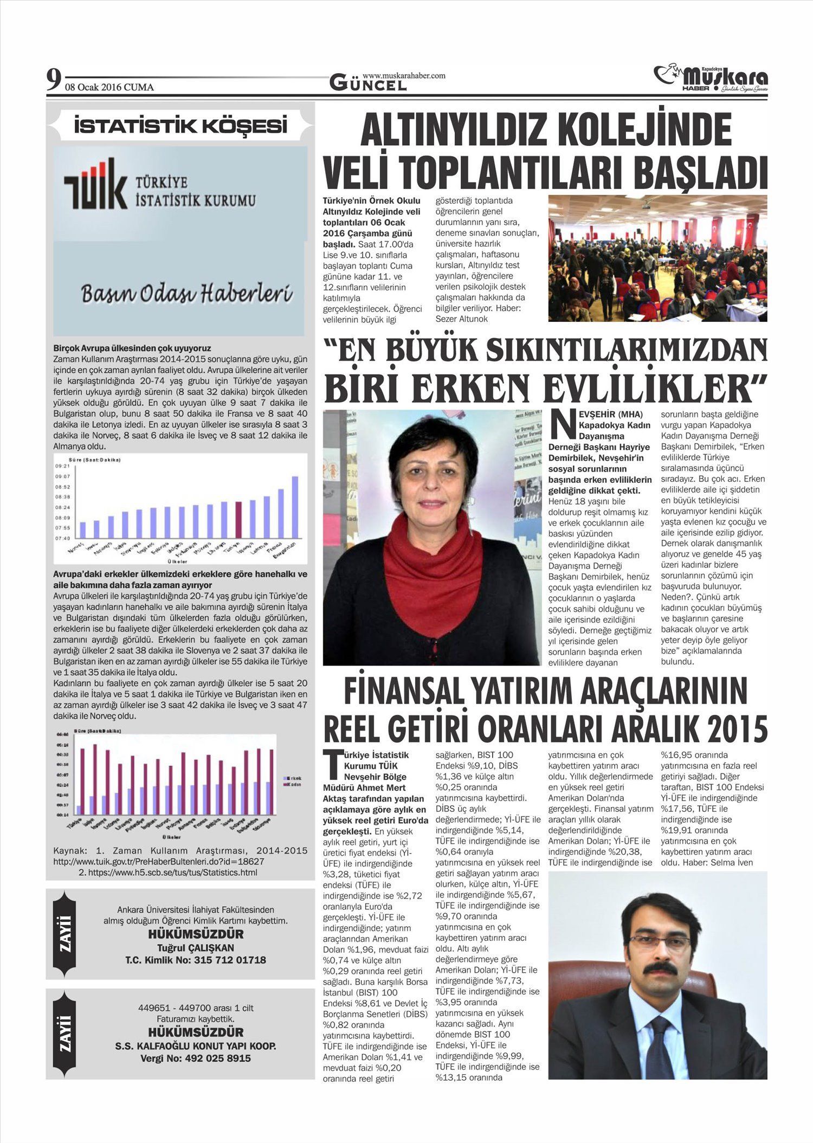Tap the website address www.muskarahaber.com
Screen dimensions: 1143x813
coord(404,75)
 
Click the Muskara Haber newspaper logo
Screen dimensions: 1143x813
coord(710,79)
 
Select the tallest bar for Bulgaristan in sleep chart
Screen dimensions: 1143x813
coord(295,507)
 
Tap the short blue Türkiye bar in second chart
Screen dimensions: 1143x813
coord(79,809)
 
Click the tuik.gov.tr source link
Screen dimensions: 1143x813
coord(158,861)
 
